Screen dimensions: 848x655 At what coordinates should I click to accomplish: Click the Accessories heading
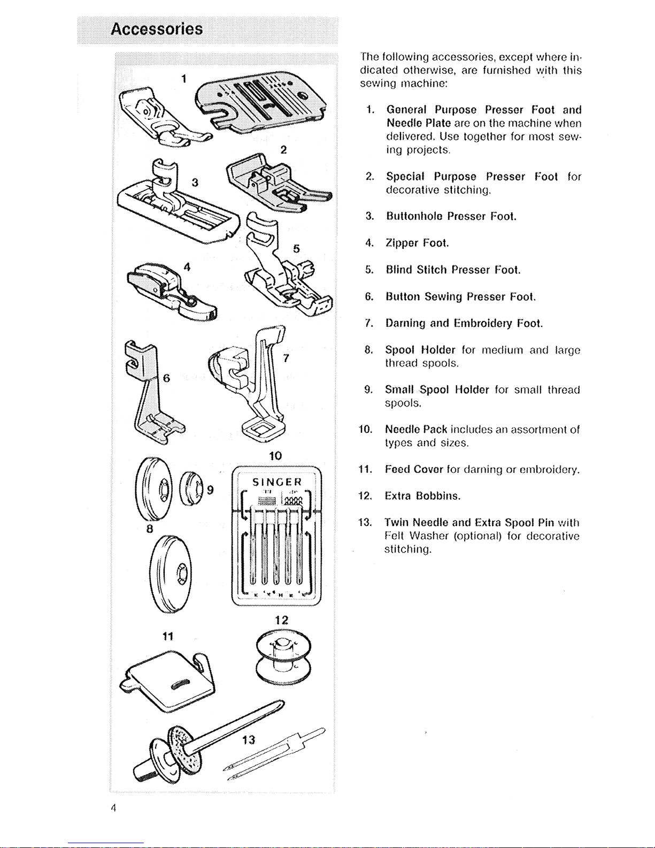point(157,29)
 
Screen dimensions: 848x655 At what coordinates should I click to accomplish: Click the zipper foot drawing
point(171,289)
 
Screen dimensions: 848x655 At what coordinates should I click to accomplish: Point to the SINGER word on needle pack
point(277,482)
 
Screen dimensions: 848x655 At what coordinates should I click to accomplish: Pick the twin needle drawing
point(273,752)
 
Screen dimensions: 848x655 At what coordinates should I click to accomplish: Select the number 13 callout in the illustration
point(249,740)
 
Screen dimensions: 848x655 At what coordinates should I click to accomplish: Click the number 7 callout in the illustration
point(286,358)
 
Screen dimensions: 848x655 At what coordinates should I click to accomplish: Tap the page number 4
point(114,807)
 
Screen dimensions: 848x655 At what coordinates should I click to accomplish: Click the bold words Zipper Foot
point(417,243)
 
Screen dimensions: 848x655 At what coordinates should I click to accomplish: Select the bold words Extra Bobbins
point(422,496)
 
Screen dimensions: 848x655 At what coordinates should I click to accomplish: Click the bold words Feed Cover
point(414,469)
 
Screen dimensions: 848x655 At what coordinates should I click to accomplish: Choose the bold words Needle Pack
point(416,430)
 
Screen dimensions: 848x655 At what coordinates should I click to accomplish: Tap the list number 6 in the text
point(369,296)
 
